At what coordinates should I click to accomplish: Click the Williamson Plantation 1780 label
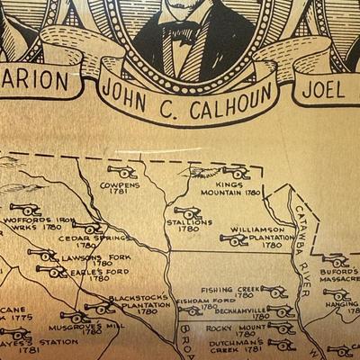(257, 237)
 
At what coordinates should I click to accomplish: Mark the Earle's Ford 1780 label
(89, 274)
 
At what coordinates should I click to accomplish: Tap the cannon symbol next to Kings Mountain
(236, 171)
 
